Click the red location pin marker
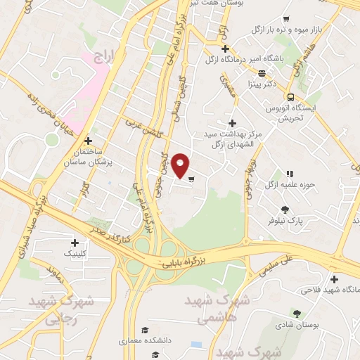pos(181,165)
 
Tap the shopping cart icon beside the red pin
pos(191,179)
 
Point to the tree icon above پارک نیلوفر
pos(285,209)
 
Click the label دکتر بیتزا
pos(260,83)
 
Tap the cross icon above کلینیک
pos(74,242)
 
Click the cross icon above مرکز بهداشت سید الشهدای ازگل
pos(232,123)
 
